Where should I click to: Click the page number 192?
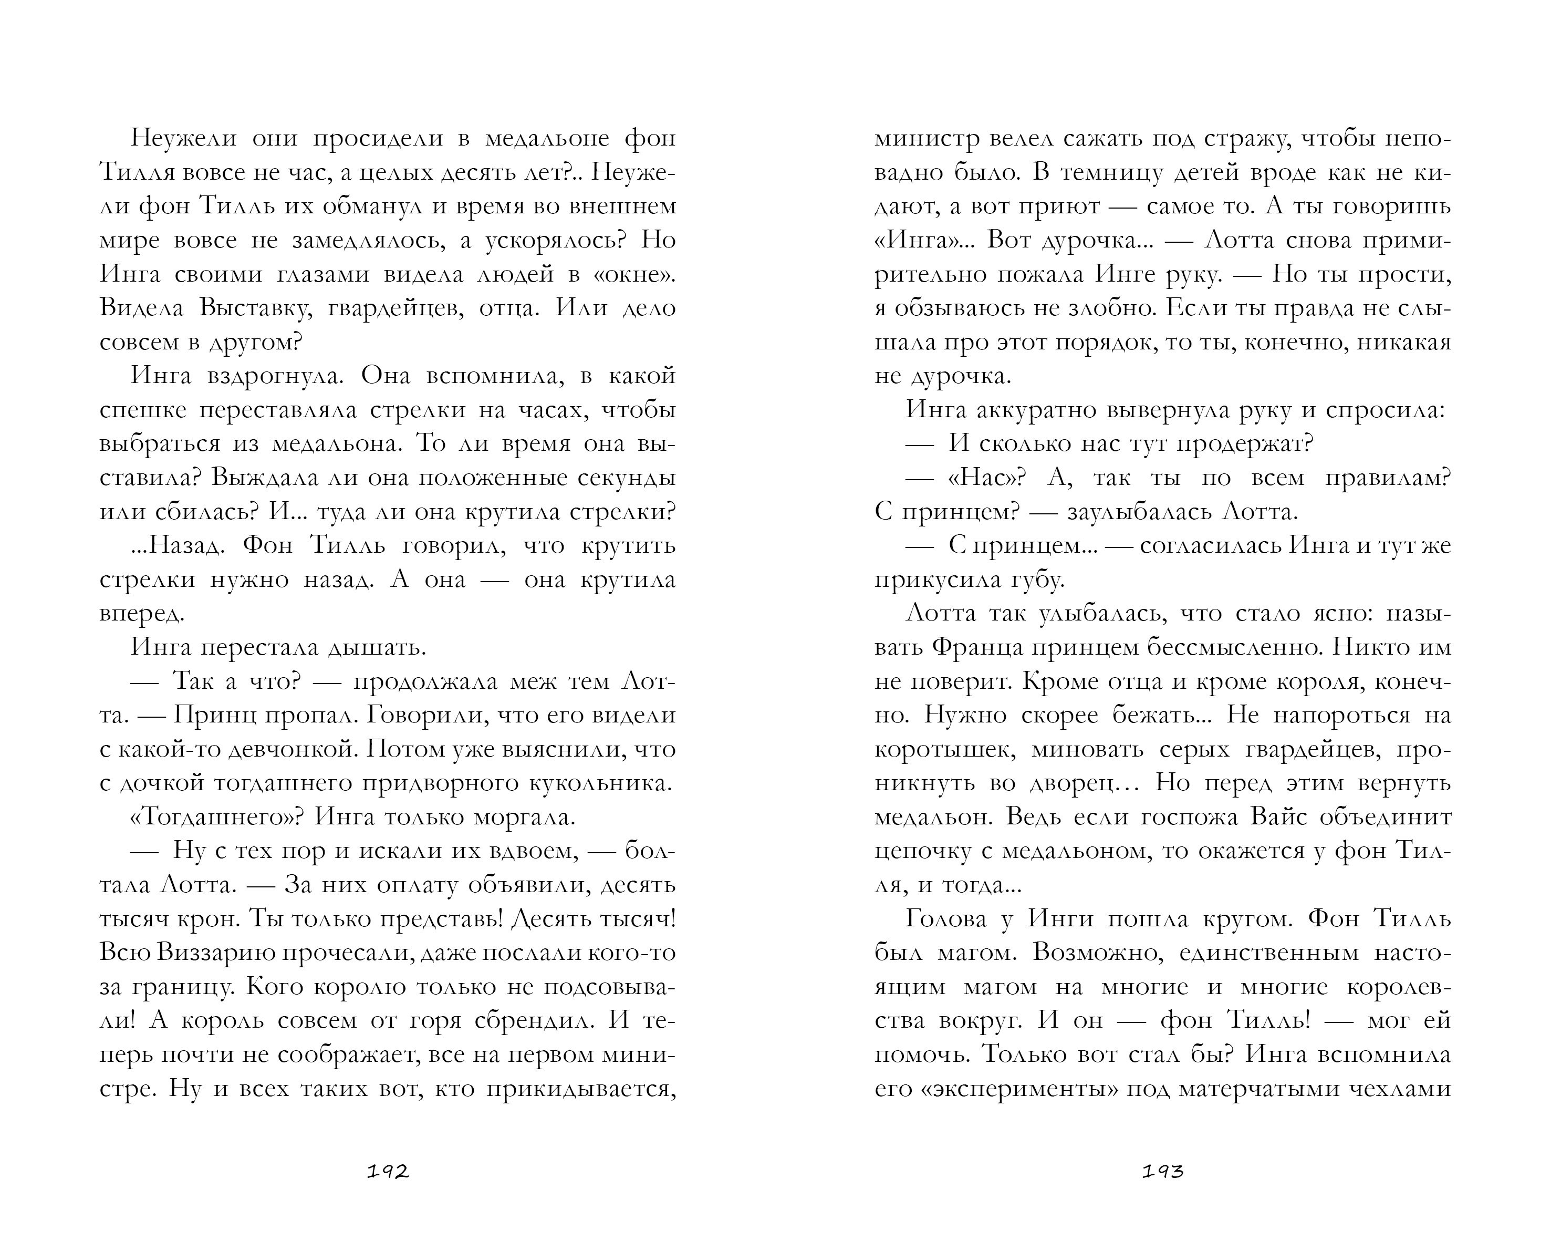tap(388, 1172)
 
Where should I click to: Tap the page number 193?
tap(1162, 1172)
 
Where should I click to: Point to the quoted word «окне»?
tap(632, 274)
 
